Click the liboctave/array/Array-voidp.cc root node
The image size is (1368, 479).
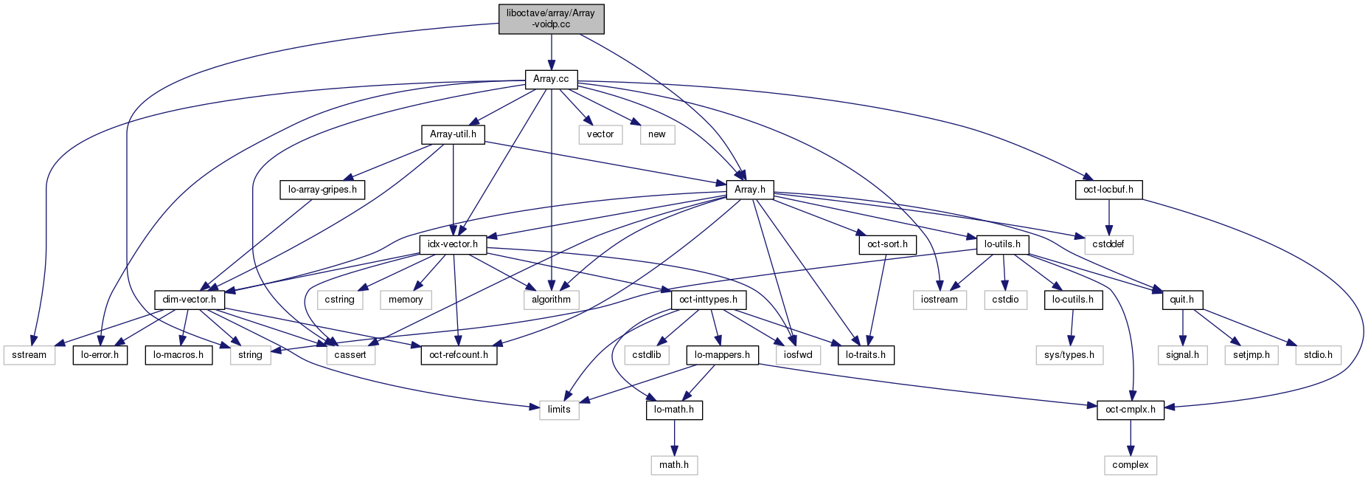(x=551, y=18)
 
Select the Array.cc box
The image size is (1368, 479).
(x=551, y=79)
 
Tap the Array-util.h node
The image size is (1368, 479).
(x=453, y=134)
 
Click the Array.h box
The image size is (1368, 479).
(x=749, y=190)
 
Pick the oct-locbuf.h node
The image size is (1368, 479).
(x=1108, y=190)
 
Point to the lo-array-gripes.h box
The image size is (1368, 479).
(x=322, y=190)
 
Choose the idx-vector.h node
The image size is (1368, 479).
(x=453, y=244)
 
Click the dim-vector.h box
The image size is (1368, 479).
(x=190, y=299)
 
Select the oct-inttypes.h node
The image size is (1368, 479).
(x=709, y=299)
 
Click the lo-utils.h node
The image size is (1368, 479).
(x=1002, y=244)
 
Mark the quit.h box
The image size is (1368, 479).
(x=1182, y=299)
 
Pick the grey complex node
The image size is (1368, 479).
(x=1130, y=465)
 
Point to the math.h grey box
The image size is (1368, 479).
(x=674, y=465)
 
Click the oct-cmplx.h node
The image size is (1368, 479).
(x=1130, y=410)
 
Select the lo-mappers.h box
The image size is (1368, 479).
(x=722, y=354)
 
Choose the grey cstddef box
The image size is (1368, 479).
(x=1108, y=244)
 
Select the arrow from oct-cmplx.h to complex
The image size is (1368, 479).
(x=1130, y=438)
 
